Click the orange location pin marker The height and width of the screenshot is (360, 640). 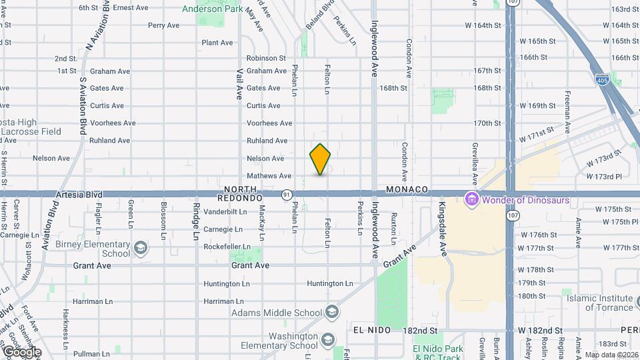320,159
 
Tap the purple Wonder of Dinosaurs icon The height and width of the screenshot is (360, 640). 472,199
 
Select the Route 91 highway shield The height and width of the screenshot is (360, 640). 286,195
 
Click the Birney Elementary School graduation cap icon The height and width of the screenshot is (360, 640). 140,249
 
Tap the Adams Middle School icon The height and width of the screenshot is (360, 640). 331,313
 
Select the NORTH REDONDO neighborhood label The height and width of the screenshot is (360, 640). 241,194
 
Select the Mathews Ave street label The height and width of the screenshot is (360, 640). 269,176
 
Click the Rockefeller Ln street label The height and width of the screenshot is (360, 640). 228,247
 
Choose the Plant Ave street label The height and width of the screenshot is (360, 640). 217,43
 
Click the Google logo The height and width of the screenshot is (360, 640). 21,351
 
